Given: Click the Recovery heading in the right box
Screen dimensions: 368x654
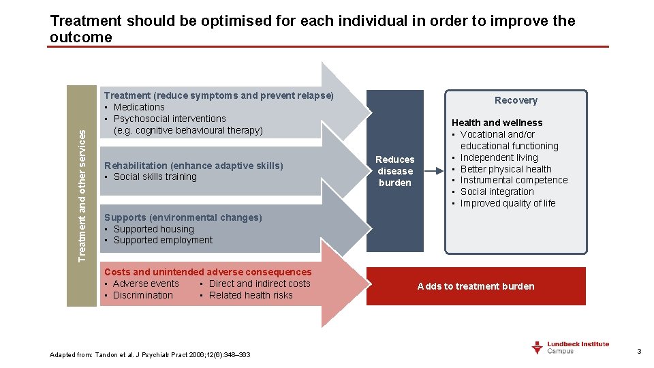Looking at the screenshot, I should [516, 100].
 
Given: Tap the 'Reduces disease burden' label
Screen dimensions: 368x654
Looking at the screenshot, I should [395, 171].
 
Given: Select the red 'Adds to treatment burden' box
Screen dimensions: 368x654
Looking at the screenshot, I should [476, 286].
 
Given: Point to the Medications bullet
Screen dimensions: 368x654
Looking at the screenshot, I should [139, 107].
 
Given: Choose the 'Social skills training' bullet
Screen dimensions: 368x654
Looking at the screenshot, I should [155, 177].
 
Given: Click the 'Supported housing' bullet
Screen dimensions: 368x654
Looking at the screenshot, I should [153, 229].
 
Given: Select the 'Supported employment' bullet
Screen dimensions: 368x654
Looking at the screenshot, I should [163, 240].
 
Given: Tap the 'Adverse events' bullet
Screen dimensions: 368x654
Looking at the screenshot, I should [146, 283].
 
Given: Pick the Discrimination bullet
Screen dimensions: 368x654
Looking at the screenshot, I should [143, 295].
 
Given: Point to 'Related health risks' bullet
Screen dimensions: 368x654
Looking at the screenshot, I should [251, 295].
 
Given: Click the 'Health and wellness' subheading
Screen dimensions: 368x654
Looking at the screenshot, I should [497, 123].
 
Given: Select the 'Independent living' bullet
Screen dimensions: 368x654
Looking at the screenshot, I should [499, 157].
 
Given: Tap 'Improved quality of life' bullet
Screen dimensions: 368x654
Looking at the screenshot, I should [508, 203].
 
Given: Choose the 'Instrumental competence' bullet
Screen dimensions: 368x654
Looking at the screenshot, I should [514, 180].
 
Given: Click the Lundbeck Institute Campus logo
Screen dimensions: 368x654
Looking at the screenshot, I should [570, 348].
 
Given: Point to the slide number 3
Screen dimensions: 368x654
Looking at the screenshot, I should [639, 351].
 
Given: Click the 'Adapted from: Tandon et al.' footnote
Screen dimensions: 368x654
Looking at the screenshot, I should [150, 354].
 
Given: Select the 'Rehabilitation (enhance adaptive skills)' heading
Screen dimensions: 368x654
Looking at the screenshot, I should [193, 166].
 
